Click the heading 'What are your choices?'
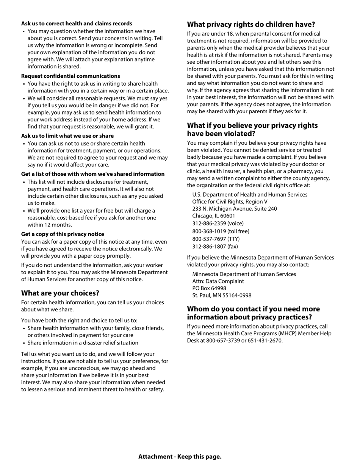click(x=60, y=293)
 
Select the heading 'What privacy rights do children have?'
click(x=251, y=25)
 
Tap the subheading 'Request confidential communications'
click(x=70, y=76)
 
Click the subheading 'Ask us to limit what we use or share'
click(x=67, y=136)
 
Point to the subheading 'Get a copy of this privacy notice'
click(x=63, y=234)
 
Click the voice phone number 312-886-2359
click(x=208, y=224)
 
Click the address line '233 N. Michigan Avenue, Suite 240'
click(x=234, y=209)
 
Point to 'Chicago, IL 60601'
click(x=213, y=216)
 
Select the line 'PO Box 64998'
click(x=209, y=288)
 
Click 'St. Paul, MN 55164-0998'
click(x=222, y=296)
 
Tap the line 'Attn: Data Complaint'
click(x=218, y=281)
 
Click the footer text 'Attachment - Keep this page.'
click(x=180, y=457)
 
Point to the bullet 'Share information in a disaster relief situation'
click(x=83, y=343)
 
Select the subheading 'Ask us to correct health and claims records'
click(x=77, y=23)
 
